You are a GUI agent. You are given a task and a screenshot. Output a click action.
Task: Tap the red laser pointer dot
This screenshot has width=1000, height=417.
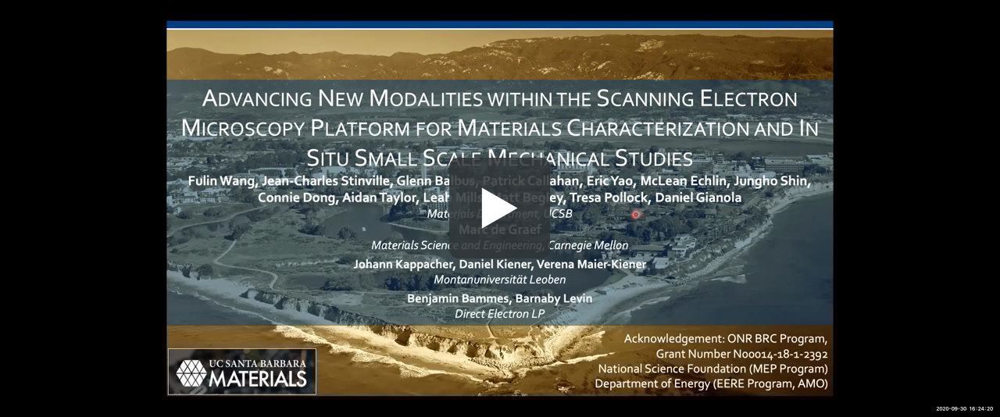636,214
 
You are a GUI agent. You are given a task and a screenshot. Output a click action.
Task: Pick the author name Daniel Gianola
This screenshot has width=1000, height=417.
698,198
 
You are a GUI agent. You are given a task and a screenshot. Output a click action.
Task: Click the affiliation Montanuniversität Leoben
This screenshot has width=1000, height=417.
500,280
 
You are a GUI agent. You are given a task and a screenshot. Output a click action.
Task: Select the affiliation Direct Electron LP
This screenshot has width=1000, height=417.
500,314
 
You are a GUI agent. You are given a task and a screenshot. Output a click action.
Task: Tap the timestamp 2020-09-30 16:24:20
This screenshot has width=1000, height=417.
964,408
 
